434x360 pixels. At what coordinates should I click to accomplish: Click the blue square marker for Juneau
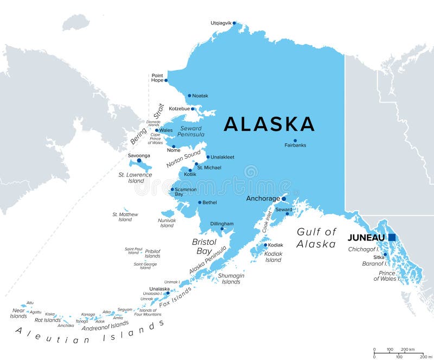point(392,237)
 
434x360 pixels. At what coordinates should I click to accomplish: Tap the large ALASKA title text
point(270,124)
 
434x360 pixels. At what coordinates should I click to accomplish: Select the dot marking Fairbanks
point(295,140)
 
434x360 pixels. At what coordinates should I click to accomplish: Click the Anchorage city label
point(263,199)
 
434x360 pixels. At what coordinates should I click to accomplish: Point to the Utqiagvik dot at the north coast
point(234,23)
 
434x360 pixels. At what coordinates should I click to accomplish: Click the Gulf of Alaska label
point(316,238)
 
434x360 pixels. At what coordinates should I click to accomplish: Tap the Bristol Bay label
point(204,246)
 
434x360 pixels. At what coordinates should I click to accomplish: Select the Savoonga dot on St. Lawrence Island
point(139,161)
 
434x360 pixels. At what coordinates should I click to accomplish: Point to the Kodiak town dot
point(266,245)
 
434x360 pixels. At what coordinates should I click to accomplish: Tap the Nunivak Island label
point(167,223)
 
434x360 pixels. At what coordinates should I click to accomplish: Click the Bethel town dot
point(200,203)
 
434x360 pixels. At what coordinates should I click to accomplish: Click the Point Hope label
point(157,78)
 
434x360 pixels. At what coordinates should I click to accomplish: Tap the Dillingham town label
point(222,224)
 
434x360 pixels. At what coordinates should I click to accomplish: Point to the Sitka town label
point(379,257)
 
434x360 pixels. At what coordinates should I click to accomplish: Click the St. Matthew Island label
point(125,217)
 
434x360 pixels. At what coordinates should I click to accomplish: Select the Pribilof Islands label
point(152,254)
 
